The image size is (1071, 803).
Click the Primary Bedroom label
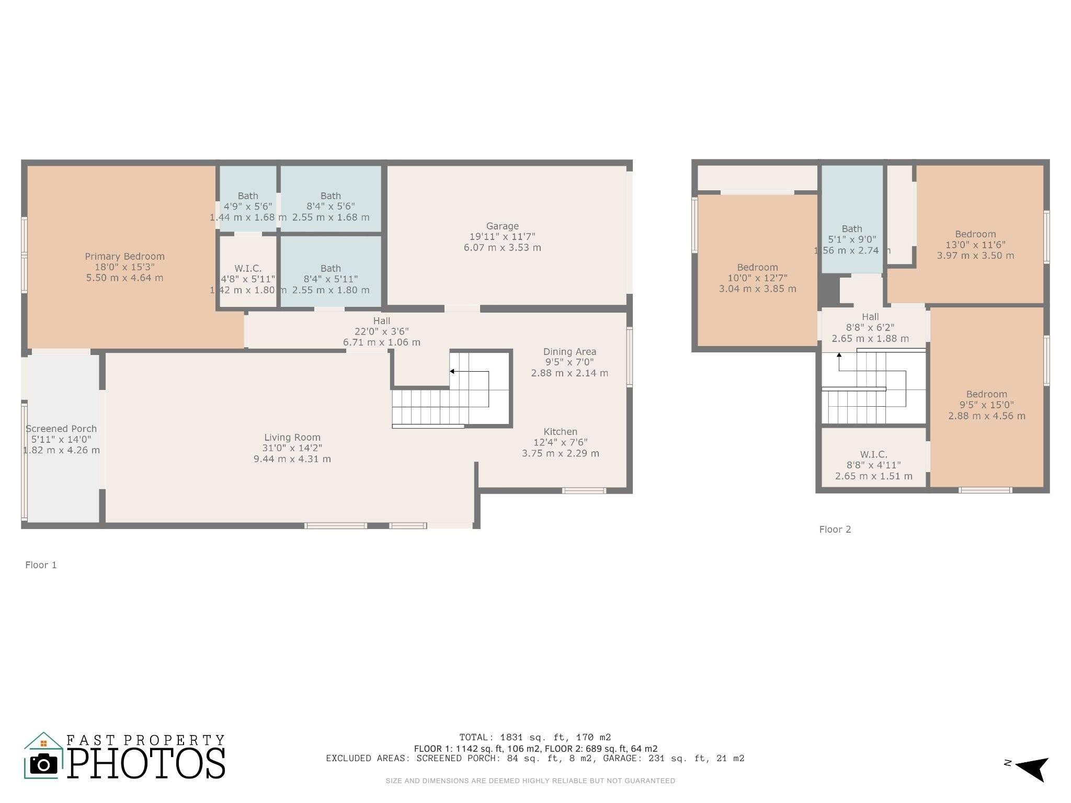[x=124, y=257]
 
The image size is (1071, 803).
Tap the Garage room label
[x=502, y=226]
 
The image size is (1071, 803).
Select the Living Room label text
[x=292, y=438]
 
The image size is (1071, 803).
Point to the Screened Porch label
[x=61, y=429]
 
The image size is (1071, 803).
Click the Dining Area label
[x=569, y=352]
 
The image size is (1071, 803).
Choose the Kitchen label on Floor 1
[x=560, y=432]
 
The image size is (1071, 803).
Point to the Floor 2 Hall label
[x=870, y=317]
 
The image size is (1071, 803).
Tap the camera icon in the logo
[x=44, y=764]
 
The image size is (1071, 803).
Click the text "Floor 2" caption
[x=835, y=530]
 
